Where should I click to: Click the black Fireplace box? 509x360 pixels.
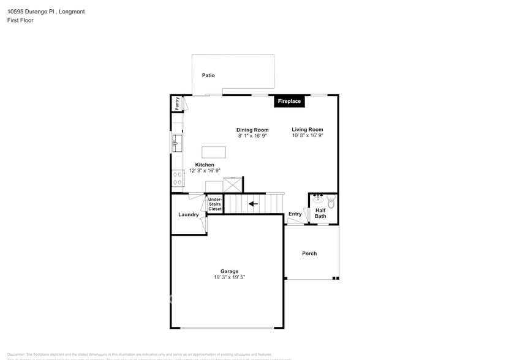click(289, 101)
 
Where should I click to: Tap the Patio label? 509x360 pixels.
click(208, 75)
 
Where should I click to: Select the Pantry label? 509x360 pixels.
click(177, 103)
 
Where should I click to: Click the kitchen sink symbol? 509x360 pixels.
click(176, 144)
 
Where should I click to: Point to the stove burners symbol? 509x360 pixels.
click(177, 178)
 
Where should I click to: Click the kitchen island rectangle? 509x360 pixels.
click(213, 152)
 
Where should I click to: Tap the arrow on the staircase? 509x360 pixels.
click(252, 203)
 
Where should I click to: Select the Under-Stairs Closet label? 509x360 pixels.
click(215, 204)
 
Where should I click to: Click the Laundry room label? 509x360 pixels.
click(188, 214)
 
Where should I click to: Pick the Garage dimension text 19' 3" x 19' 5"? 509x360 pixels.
click(229, 277)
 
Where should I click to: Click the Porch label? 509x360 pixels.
click(309, 253)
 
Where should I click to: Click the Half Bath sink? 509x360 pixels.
click(318, 199)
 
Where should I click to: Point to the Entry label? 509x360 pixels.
click(295, 214)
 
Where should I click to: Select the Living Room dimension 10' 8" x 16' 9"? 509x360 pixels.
click(307, 135)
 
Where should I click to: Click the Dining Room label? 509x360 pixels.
click(252, 129)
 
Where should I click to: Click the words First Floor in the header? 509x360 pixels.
click(21, 20)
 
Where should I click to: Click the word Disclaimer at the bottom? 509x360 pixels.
click(16, 354)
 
